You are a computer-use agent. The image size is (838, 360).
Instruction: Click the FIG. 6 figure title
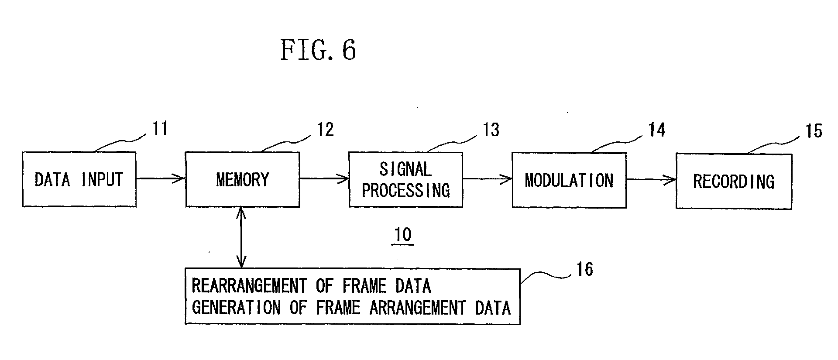tap(318, 49)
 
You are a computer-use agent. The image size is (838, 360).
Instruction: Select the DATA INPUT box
tap(79, 179)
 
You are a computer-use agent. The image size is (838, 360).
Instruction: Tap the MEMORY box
tap(243, 179)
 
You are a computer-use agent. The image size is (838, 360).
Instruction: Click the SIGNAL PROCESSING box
tap(406, 180)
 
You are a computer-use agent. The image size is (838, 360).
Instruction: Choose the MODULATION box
tap(569, 180)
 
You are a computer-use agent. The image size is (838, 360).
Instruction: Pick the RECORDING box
tap(734, 181)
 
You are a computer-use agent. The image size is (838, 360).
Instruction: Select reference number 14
tap(656, 130)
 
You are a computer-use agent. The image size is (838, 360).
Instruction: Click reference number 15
tap(814, 131)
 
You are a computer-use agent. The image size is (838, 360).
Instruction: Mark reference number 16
tap(585, 269)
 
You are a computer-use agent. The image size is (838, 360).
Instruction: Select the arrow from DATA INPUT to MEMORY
tap(161, 178)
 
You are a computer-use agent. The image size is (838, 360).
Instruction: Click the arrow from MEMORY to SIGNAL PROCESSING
tap(324, 178)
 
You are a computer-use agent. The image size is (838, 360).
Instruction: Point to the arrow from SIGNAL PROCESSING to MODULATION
tap(488, 179)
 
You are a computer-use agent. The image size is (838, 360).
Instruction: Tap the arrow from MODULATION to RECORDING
tap(651, 179)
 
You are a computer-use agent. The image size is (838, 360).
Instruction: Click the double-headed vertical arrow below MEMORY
tap(241, 238)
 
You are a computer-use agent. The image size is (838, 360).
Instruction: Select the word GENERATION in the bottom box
tap(236, 308)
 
